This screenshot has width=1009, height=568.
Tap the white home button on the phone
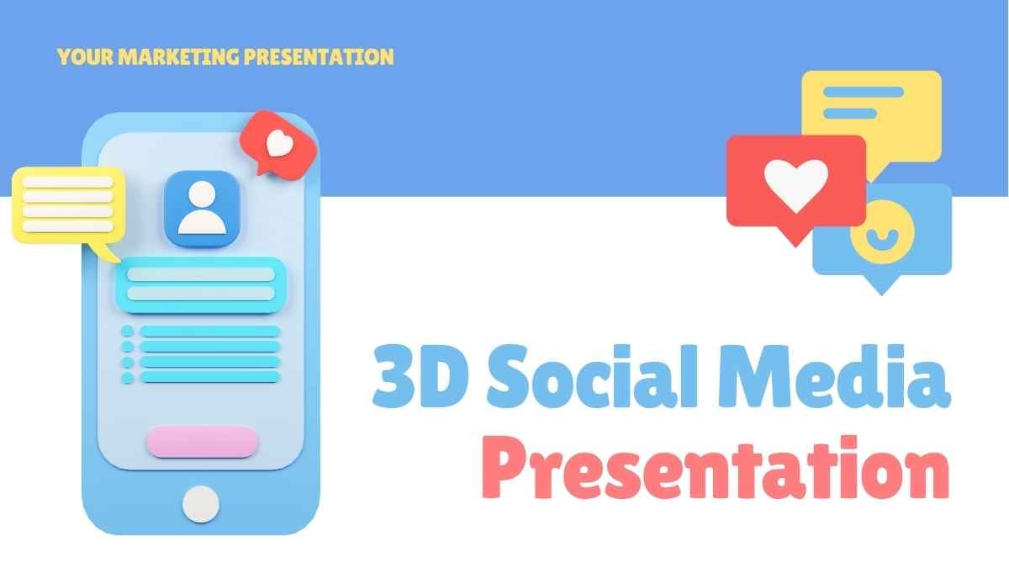click(201, 503)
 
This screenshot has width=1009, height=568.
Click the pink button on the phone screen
click(202, 441)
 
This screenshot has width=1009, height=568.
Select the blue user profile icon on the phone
click(202, 207)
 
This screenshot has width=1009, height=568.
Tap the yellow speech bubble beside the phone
click(67, 204)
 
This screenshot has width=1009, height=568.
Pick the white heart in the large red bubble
click(795, 184)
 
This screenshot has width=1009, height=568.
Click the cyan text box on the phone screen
click(200, 284)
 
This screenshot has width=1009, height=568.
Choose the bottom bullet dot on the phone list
click(128, 378)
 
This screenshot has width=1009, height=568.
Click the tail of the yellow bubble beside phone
click(104, 252)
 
